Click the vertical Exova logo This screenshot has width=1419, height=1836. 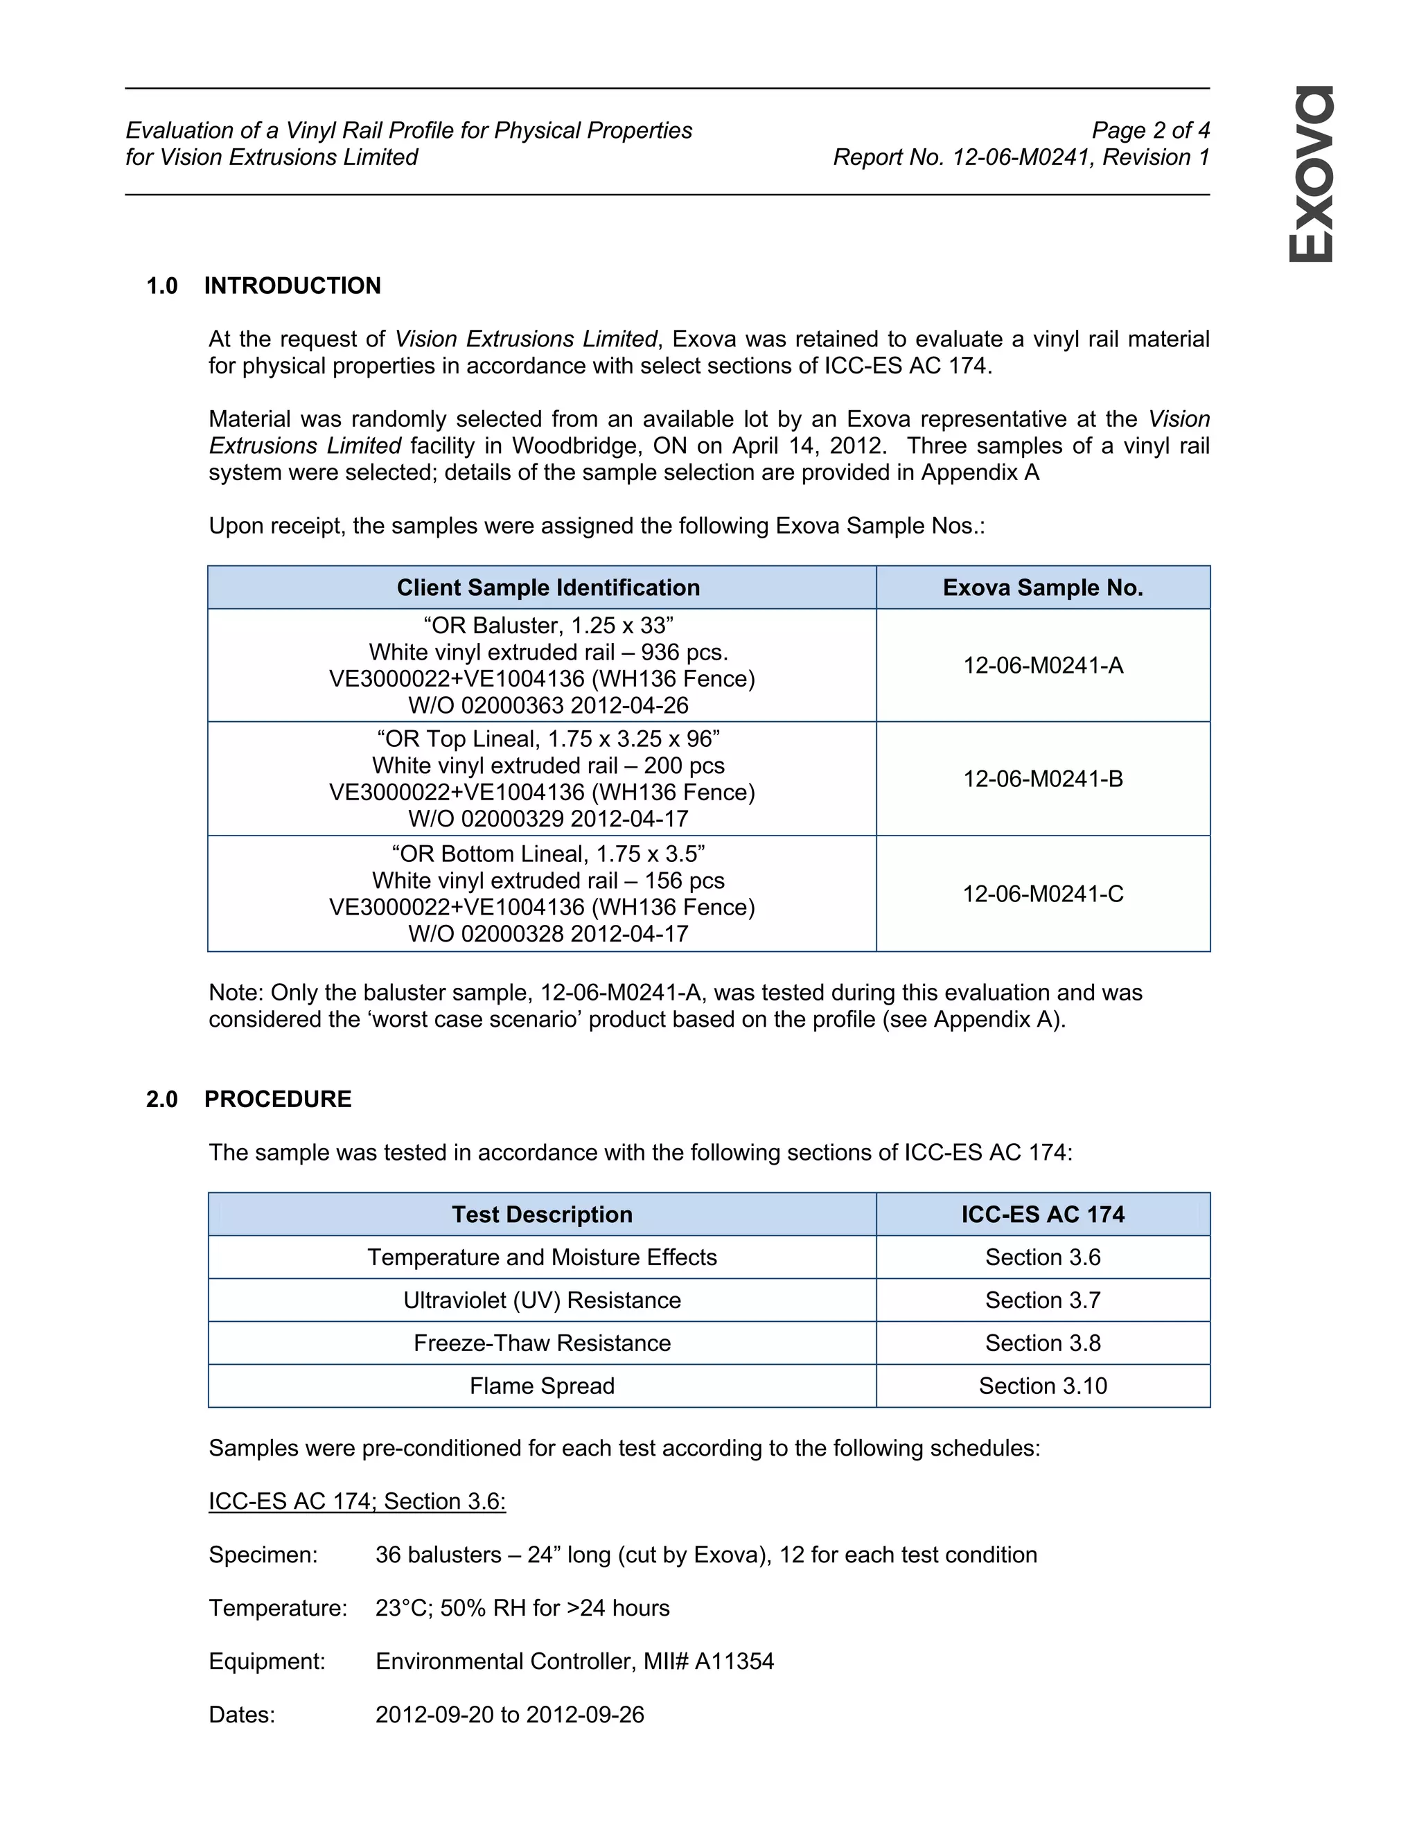pos(1312,173)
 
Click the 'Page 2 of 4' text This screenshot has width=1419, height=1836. pos(1150,130)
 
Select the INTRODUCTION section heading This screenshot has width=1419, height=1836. pos(292,286)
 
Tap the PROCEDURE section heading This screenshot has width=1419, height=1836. pos(277,1099)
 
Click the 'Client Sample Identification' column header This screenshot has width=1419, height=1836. pos(548,588)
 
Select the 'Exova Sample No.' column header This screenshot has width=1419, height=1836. pos(1042,588)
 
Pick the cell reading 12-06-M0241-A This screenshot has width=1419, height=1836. pos(1042,666)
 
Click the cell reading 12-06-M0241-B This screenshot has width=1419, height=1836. pos(1042,779)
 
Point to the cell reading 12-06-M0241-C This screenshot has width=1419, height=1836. pos(1042,894)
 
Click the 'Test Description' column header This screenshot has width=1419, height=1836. pos(543,1214)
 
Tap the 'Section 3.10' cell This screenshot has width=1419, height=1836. pos(1042,1386)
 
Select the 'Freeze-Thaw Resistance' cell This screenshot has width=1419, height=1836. pos(543,1343)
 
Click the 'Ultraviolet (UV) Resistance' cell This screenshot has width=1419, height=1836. pos(543,1300)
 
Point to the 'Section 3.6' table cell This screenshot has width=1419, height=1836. pos(1042,1257)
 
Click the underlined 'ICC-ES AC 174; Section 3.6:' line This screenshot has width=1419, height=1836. pos(358,1501)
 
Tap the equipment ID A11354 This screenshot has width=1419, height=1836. pos(734,1661)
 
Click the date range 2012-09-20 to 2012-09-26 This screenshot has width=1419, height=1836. pos(509,1714)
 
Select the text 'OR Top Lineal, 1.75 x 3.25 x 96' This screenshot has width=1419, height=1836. pos(548,739)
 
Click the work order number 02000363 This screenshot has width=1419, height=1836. pos(512,705)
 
